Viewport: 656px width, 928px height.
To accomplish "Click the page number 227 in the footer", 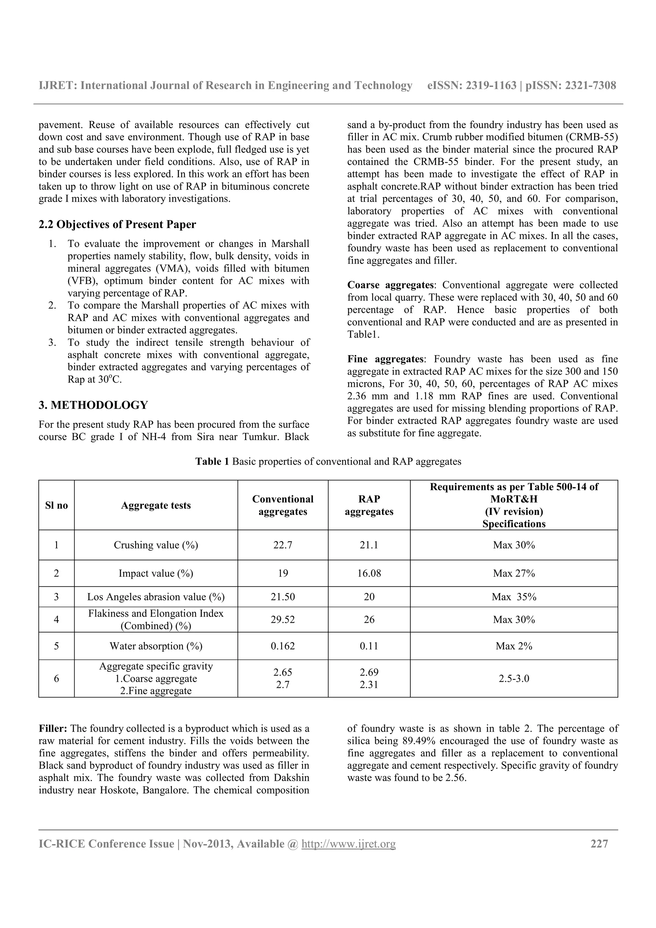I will pyautogui.click(x=599, y=843).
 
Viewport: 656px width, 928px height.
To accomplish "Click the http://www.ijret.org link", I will pyautogui.click(x=348, y=844).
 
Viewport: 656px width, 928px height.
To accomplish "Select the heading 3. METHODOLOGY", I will pyautogui.click(x=93, y=405).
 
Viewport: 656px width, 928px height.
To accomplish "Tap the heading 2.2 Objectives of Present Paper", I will pyautogui.click(x=117, y=224).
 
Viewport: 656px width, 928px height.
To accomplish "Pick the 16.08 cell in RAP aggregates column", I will pyautogui.click(x=369, y=573).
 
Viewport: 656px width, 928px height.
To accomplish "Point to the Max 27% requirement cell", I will pyautogui.click(x=513, y=573).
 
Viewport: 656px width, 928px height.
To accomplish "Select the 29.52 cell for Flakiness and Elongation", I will pyautogui.click(x=283, y=619).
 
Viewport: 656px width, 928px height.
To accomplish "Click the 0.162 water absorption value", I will pyautogui.click(x=283, y=646).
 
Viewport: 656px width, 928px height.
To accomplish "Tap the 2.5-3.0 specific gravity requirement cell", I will pyautogui.click(x=513, y=678).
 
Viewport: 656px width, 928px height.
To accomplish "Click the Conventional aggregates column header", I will pyautogui.click(x=283, y=505).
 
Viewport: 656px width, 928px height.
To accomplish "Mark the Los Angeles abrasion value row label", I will pyautogui.click(x=156, y=597).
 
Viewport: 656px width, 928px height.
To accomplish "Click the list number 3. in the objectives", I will pyautogui.click(x=52, y=342).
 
